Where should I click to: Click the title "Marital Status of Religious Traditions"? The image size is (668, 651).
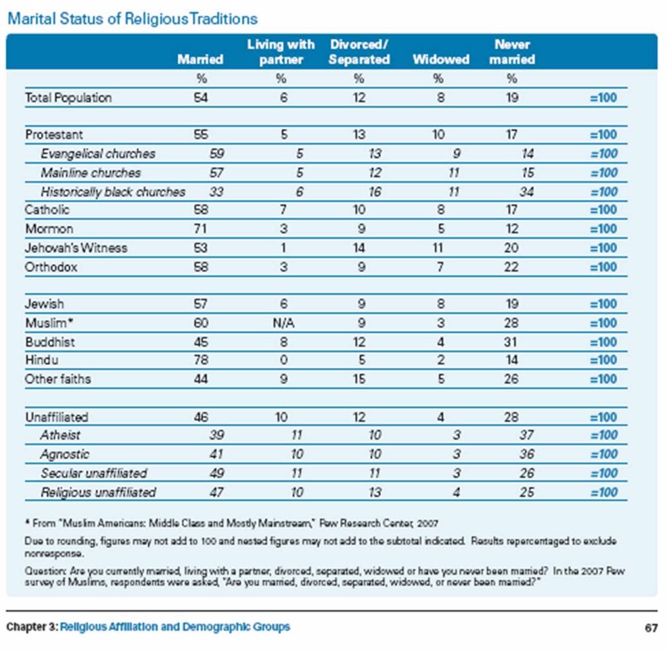pos(132,18)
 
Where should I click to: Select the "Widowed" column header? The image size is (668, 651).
pos(440,59)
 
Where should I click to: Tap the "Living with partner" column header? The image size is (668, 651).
pos(281,52)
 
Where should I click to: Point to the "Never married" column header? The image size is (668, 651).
pos(512,52)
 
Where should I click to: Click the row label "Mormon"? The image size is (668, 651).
pos(49,229)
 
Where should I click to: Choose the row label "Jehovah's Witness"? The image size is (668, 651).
pos(76,248)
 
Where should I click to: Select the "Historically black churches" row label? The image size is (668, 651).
pos(113,192)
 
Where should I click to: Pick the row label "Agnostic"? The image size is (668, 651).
pos(65,454)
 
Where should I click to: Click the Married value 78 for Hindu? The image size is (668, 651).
pos(200,360)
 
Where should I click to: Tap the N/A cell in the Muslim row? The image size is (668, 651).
pos(283,323)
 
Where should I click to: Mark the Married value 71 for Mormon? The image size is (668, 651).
pos(200,229)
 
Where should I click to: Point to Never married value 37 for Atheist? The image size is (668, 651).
pos(526,435)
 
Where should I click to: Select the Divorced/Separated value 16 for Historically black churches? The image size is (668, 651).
pos(374,192)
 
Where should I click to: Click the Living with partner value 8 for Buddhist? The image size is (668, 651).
pos(283,342)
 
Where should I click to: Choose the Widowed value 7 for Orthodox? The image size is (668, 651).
pos(440,267)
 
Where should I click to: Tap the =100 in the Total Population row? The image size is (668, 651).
pos(603,98)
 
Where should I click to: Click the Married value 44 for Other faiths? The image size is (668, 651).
pos(200,379)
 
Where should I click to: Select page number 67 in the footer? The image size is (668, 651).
pos(651,628)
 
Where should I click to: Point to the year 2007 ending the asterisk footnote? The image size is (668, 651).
pos(427,523)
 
